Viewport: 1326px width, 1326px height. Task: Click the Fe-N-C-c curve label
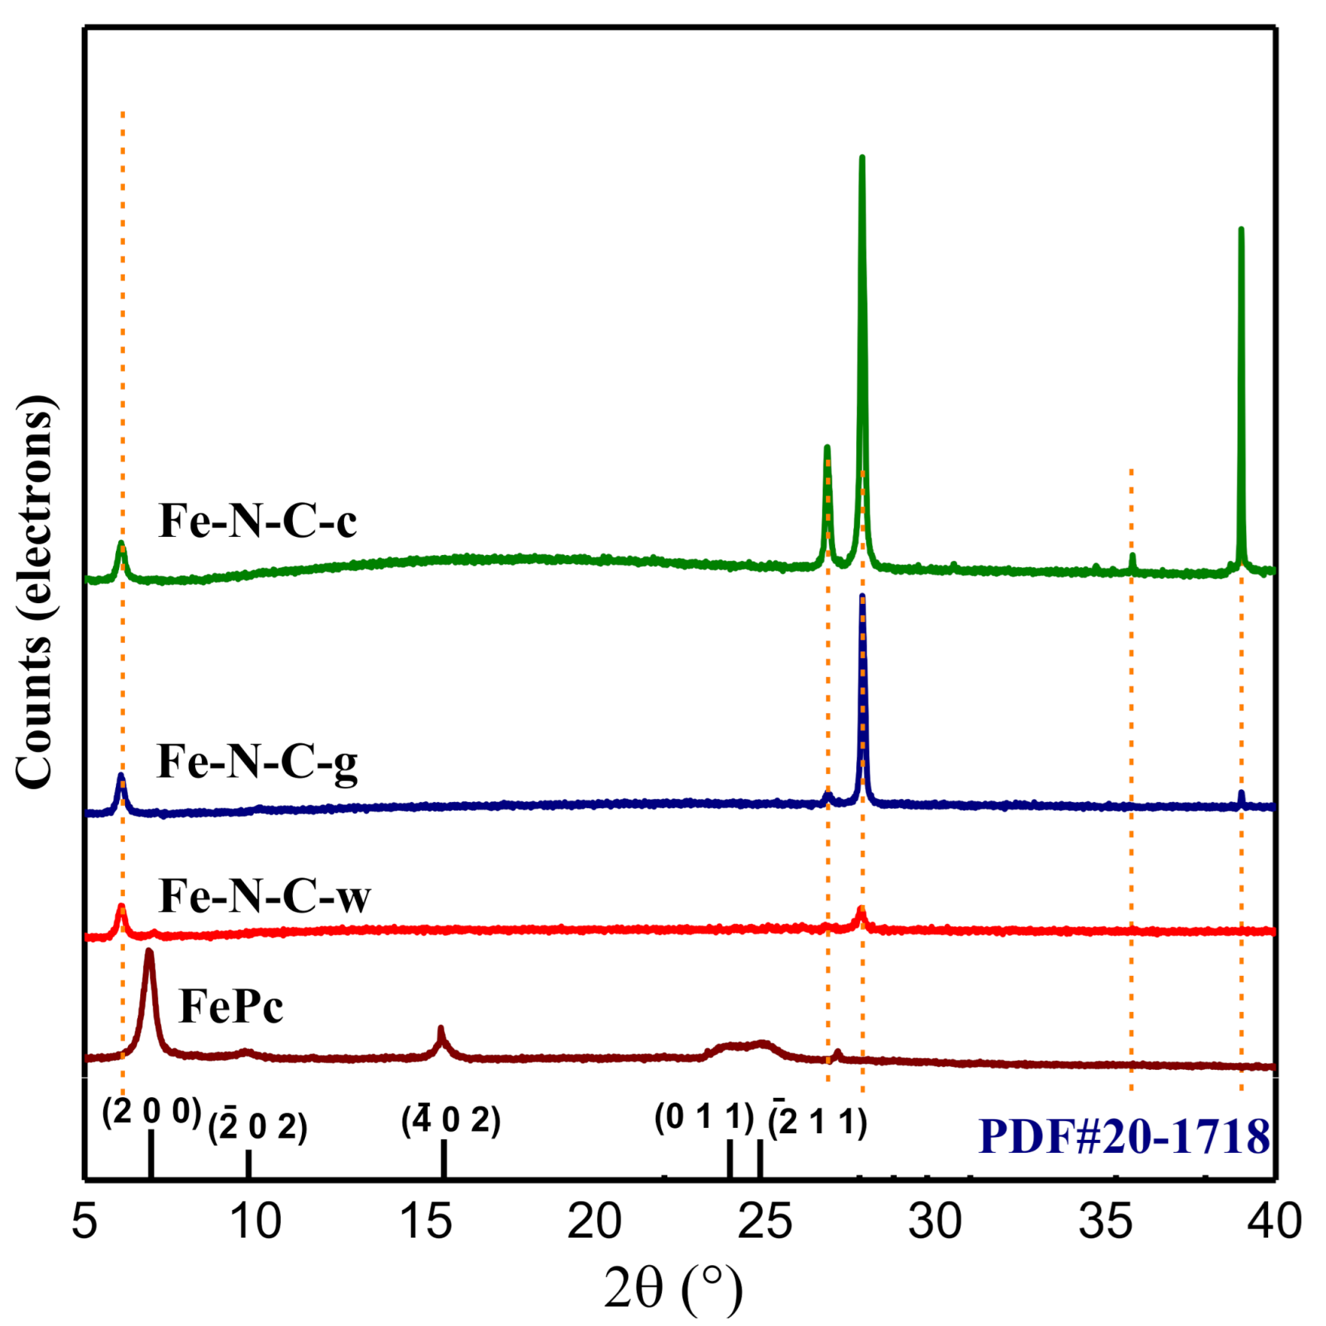257,522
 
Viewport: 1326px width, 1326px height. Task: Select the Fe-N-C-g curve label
257,762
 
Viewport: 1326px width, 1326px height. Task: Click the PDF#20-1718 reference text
1123,1137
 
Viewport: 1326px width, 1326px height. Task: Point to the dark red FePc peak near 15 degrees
440,1032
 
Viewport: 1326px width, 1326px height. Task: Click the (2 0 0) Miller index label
151,1112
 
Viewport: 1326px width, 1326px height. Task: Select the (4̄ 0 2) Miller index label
451,1120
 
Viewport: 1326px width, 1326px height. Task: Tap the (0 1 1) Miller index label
704,1117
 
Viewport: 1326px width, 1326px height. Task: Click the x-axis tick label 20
594,1222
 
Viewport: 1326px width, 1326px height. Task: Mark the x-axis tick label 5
84,1222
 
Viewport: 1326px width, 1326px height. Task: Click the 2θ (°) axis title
673,1287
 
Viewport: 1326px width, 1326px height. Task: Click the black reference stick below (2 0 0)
151,1154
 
